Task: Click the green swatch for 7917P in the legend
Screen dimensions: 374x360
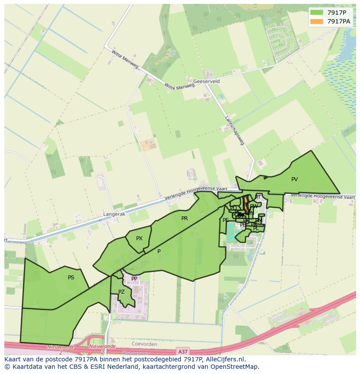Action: (x=317, y=13)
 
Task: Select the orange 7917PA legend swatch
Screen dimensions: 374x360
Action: (x=317, y=21)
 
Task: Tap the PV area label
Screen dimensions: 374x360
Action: (x=294, y=179)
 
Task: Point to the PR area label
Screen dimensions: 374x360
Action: (x=184, y=218)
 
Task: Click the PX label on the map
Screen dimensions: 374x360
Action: (x=139, y=238)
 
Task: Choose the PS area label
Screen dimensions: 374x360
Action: (x=71, y=278)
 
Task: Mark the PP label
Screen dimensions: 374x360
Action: (x=134, y=279)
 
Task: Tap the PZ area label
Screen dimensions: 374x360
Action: (x=121, y=292)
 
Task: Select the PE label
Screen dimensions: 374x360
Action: (x=226, y=220)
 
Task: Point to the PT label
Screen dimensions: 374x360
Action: (x=258, y=197)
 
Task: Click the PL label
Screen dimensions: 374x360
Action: (x=256, y=228)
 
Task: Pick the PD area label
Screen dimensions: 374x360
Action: (x=233, y=209)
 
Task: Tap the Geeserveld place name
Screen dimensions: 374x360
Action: (x=207, y=81)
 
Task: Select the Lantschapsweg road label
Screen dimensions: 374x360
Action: (x=234, y=130)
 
